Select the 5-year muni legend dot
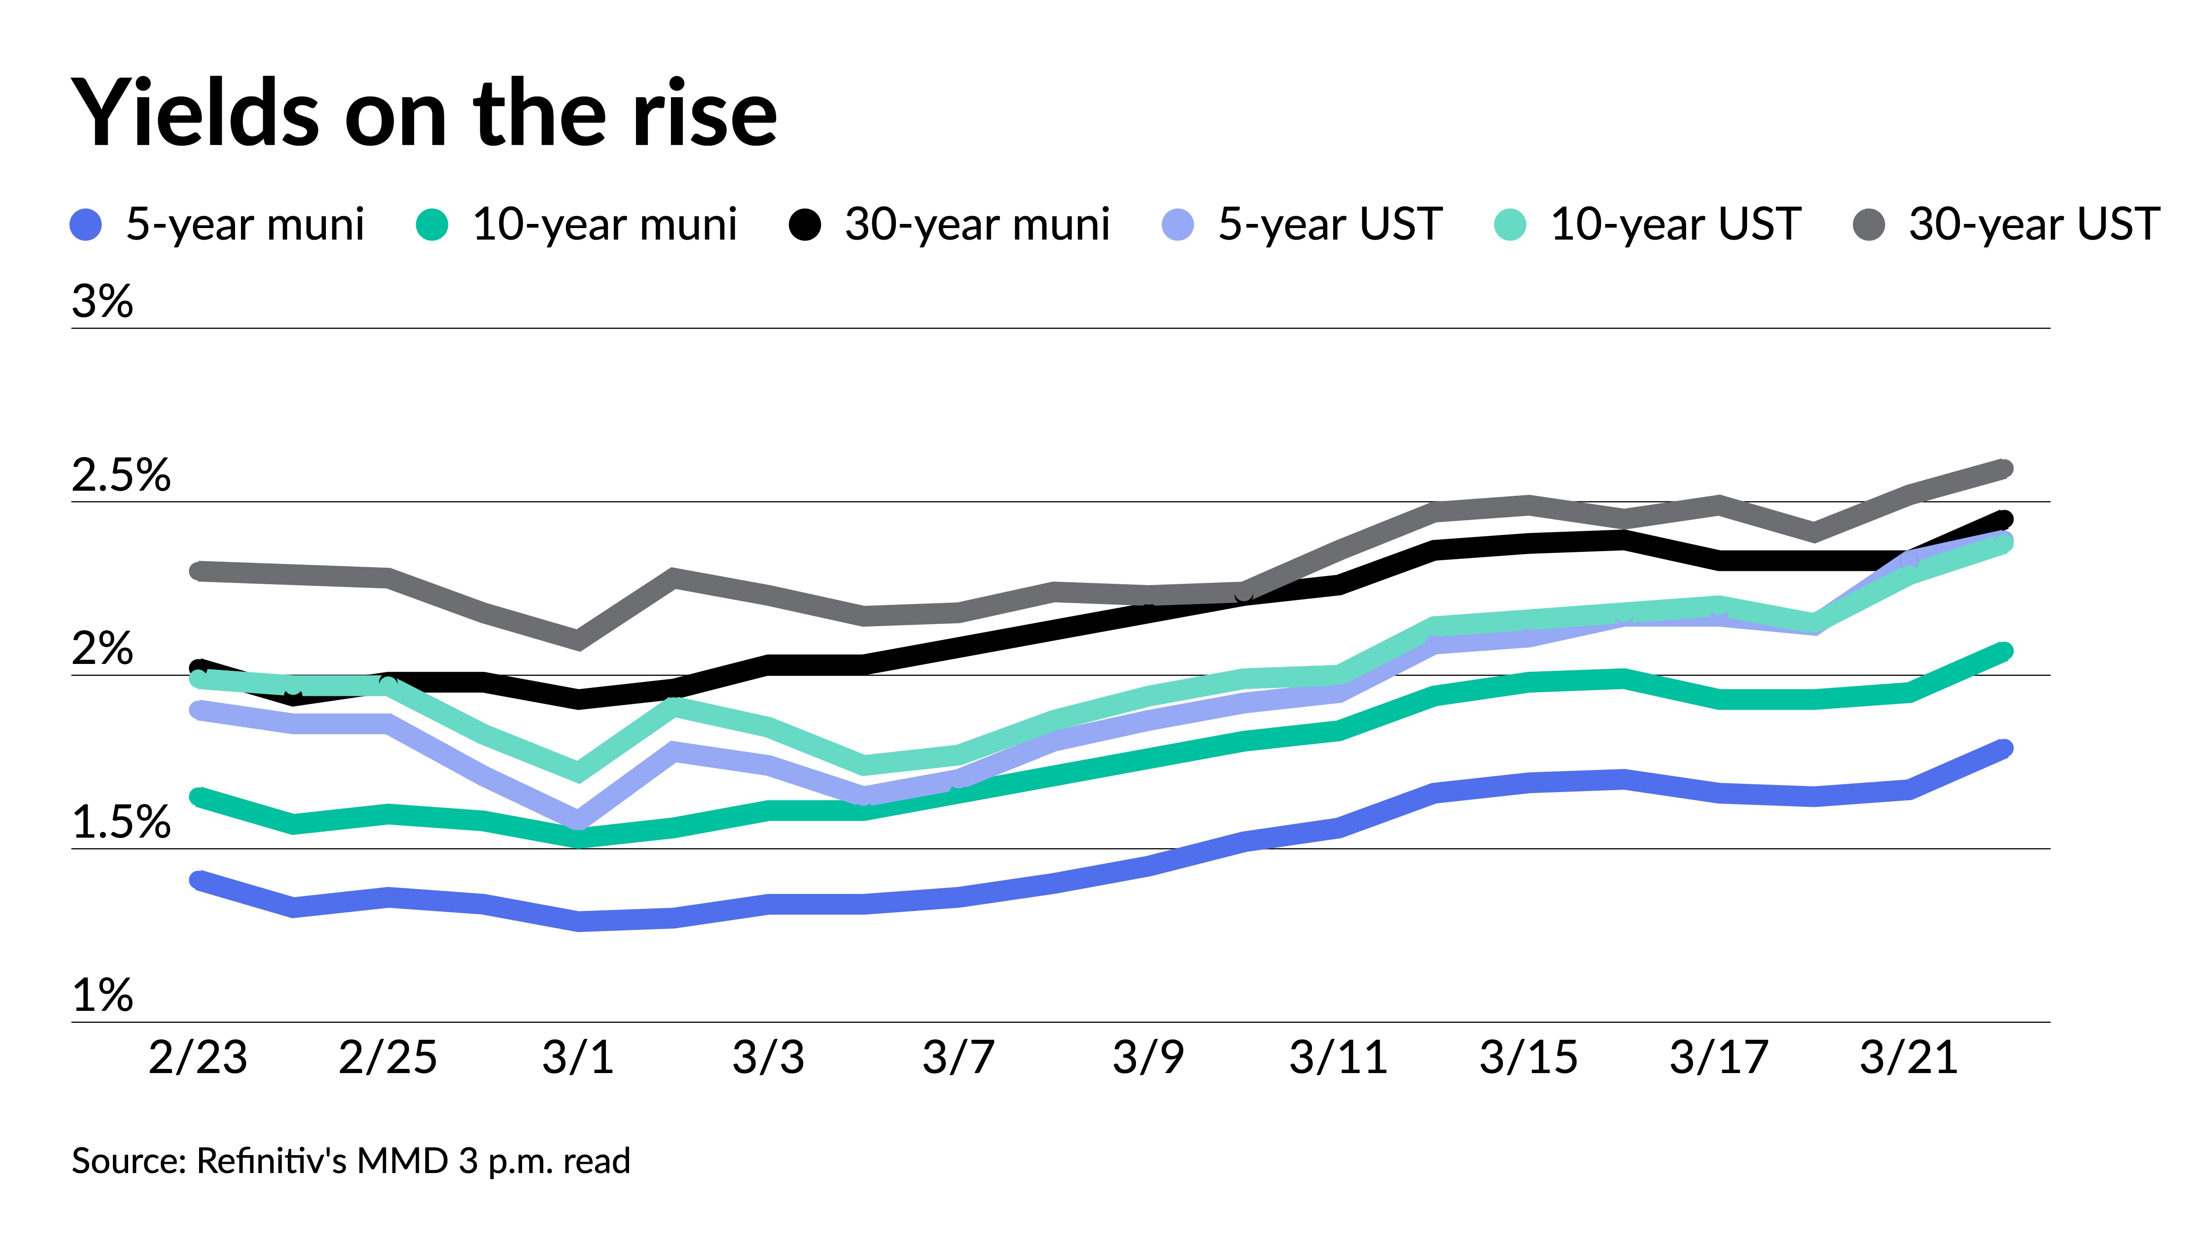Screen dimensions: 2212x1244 click(86, 225)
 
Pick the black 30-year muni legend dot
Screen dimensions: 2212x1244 click(805, 225)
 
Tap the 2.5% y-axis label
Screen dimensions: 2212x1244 click(121, 475)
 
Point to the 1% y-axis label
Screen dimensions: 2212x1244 click(102, 996)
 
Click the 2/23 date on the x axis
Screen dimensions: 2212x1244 click(198, 1057)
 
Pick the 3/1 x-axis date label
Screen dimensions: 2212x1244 click(578, 1057)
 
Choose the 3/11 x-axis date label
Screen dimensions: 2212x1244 click(1339, 1057)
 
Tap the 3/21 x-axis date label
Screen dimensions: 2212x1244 click(1909, 1057)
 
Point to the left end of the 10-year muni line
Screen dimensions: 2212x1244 click(198, 797)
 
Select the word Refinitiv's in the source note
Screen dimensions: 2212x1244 click(271, 1161)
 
